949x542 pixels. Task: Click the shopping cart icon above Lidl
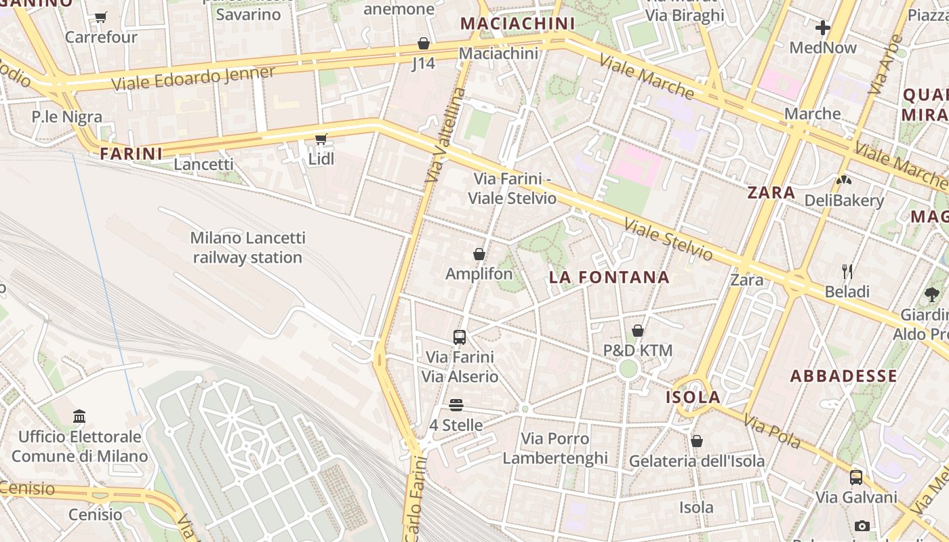[x=321, y=139]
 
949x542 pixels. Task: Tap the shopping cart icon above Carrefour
[x=101, y=17]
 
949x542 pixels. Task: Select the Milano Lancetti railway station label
[x=247, y=247]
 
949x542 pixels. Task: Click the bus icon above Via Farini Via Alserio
[x=460, y=337]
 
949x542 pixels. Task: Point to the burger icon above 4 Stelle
[x=456, y=405]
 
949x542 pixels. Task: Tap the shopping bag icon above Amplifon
[x=479, y=254]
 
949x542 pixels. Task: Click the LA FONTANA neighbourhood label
[x=609, y=277]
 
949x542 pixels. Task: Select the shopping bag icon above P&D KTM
[x=638, y=331]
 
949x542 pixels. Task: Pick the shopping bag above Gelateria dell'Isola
[x=697, y=441]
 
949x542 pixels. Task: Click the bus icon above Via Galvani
[x=856, y=477]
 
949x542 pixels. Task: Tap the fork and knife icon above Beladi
[x=847, y=272]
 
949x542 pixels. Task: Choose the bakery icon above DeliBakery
[x=844, y=180]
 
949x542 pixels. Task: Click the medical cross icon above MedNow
[x=823, y=28]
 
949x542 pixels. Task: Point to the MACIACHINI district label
[x=517, y=24]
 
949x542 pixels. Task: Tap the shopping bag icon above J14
[x=424, y=43]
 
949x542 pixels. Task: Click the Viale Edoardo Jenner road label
[x=193, y=79]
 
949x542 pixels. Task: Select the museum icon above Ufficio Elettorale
[x=79, y=416]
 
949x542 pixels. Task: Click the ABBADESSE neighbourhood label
[x=843, y=376]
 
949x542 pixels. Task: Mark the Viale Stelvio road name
[x=668, y=240]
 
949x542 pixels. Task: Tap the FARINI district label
[x=132, y=154]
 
